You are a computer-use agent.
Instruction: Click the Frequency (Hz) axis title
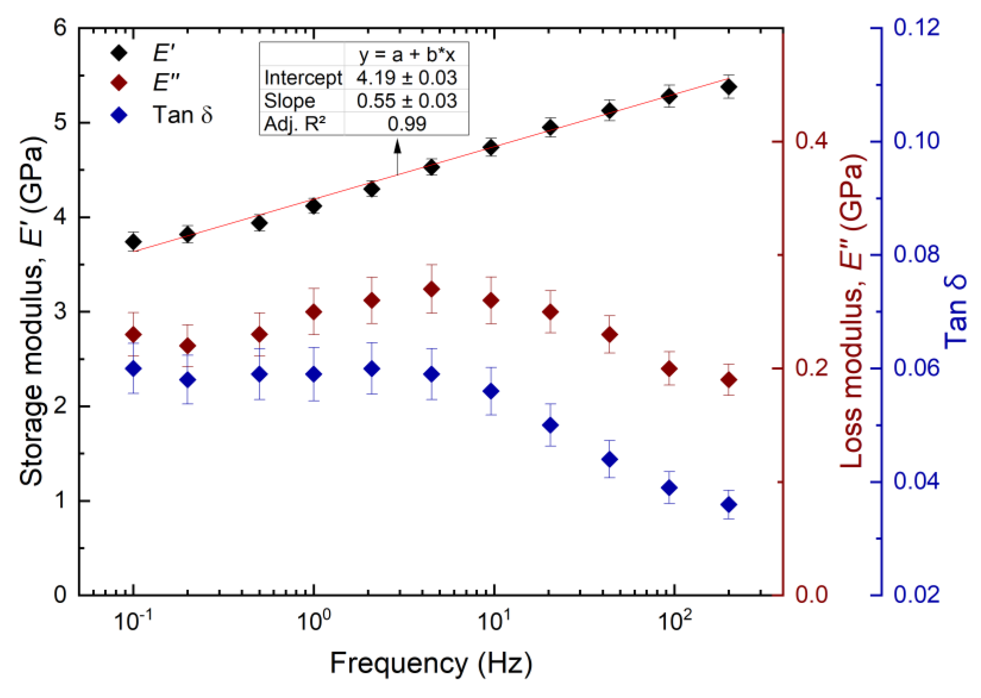click(430, 663)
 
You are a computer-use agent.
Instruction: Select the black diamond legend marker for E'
click(119, 53)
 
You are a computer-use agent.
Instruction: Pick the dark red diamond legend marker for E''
click(119, 82)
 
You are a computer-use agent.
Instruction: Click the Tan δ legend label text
click(183, 115)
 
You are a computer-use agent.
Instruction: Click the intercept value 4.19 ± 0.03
click(406, 78)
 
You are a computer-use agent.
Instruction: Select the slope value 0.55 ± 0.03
click(406, 101)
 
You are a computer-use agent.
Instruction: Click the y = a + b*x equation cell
click(406, 55)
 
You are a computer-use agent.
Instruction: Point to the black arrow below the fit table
click(397, 156)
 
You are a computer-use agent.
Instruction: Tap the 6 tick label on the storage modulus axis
click(60, 29)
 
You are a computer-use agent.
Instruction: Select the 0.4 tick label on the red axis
click(811, 141)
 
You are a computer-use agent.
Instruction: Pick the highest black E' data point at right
click(729, 87)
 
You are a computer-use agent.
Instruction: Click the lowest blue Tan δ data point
click(729, 505)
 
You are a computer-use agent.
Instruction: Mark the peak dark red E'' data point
click(431, 289)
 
